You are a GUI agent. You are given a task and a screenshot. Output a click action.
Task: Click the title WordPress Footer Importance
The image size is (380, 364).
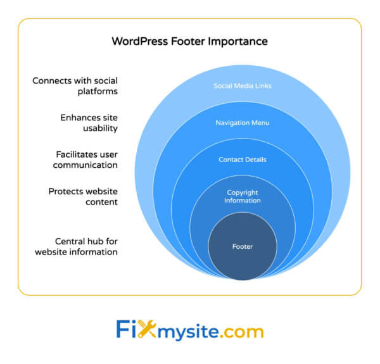tap(189, 41)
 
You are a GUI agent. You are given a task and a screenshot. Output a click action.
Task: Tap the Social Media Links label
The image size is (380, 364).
tap(242, 85)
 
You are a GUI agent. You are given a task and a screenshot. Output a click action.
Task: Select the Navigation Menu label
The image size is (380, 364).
tap(242, 122)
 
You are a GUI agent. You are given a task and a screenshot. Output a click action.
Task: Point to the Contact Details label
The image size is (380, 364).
tap(242, 160)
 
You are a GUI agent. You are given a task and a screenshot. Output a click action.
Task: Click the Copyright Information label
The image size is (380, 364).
tap(242, 196)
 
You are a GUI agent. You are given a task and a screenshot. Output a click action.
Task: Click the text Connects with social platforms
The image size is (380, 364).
tap(75, 85)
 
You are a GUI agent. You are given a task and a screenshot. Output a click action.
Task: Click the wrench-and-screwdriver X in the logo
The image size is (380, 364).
tap(147, 330)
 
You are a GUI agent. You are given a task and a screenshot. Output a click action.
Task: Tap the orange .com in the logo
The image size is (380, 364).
tap(237, 331)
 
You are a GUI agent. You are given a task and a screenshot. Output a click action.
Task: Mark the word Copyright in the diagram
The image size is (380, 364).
tap(242, 192)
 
